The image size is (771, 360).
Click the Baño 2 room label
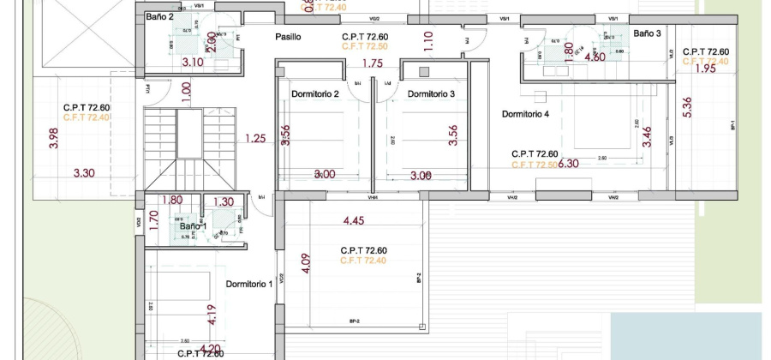(x=159, y=16)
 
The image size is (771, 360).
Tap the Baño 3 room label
(x=647, y=33)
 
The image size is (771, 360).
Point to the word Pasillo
(x=288, y=37)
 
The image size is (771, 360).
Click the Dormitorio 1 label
(x=248, y=284)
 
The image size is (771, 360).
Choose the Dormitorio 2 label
(x=315, y=93)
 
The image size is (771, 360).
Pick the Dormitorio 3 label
(x=431, y=93)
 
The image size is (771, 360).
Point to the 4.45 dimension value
(x=355, y=221)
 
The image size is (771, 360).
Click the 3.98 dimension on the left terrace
(x=53, y=139)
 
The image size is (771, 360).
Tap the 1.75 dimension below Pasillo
(x=372, y=63)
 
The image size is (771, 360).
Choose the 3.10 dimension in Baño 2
(x=192, y=63)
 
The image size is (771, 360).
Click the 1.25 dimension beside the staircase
(x=254, y=138)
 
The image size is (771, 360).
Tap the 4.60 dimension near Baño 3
(x=595, y=58)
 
